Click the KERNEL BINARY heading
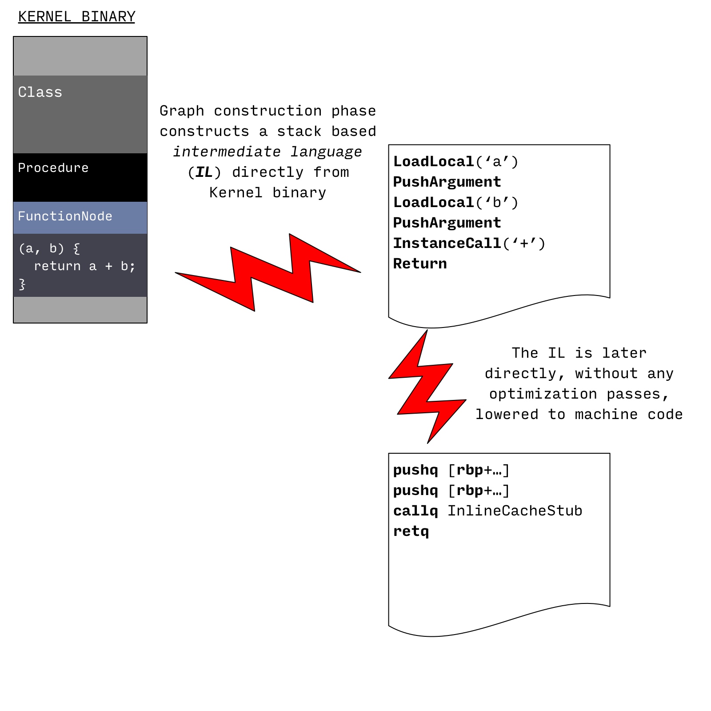click(76, 17)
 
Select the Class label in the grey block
click(40, 92)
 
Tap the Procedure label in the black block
click(53, 168)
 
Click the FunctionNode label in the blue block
click(65, 216)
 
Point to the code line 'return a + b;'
click(84, 266)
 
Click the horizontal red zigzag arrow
click(268, 272)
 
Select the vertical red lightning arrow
click(427, 387)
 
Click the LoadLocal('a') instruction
click(456, 162)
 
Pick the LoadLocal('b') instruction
click(456, 203)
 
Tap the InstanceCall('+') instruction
click(469, 244)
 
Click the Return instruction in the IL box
click(420, 264)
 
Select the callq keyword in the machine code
click(415, 511)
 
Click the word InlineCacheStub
click(515, 511)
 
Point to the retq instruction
click(411, 532)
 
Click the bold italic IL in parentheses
click(204, 172)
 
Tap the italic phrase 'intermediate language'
click(268, 152)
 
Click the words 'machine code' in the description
click(629, 414)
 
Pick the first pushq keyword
click(415, 470)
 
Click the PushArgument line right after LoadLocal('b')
click(447, 223)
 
